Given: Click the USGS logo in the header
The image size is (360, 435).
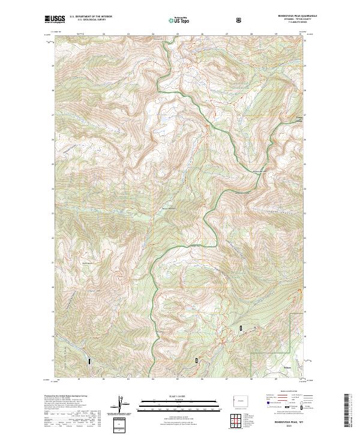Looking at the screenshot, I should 55,20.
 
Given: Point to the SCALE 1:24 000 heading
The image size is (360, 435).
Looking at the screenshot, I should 171,396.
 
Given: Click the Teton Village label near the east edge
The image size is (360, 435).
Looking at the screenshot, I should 298,118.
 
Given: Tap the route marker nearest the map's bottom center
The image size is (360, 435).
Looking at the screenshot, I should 196,359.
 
